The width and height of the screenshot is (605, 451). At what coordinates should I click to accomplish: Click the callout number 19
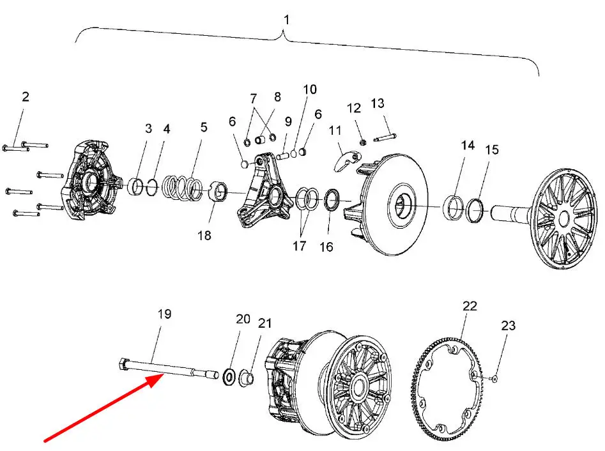tap(164, 314)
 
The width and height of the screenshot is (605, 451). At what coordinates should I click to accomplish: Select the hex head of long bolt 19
tap(123, 364)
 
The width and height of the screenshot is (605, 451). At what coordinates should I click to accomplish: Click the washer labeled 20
tap(229, 376)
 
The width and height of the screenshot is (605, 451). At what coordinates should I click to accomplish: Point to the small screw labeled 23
tap(494, 379)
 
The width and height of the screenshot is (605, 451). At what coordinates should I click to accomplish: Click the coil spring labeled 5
tap(182, 188)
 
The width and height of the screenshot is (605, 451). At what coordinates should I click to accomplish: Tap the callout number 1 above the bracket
tap(286, 20)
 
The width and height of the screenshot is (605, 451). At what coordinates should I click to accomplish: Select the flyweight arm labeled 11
tap(346, 160)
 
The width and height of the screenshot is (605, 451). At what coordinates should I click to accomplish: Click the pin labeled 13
tap(385, 137)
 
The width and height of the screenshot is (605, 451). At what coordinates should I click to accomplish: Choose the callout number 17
tap(300, 246)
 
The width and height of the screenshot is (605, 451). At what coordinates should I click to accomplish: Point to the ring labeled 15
tap(475, 210)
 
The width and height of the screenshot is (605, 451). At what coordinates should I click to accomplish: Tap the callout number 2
tap(26, 96)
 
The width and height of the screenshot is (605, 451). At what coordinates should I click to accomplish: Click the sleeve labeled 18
tap(218, 192)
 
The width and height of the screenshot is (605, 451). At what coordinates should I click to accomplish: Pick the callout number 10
tap(310, 89)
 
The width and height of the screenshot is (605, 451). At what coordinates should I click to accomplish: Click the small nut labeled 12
tap(363, 142)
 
